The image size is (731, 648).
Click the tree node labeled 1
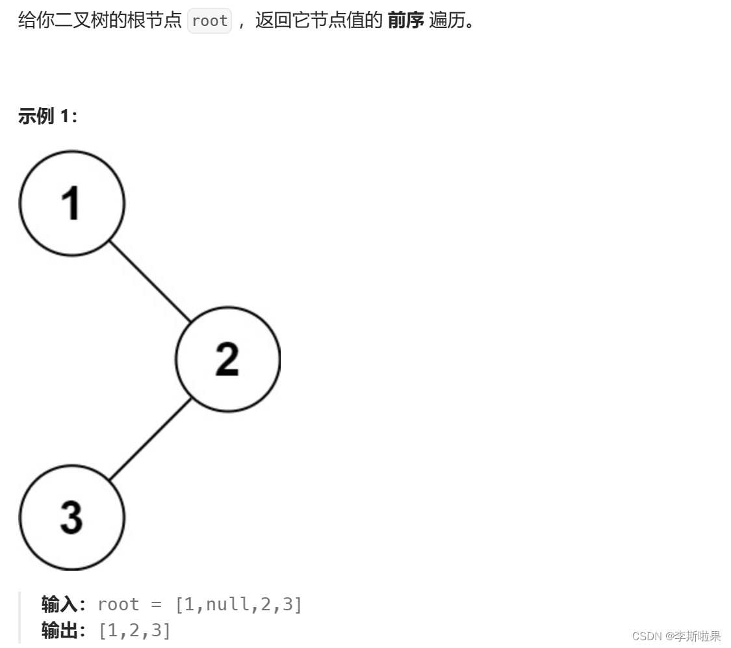pos(71,203)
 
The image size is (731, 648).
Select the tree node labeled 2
pos(227,359)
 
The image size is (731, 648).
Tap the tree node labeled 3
pos(71,517)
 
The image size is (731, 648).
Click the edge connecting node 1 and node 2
pos(150,281)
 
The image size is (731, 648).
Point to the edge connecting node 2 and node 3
pos(150,439)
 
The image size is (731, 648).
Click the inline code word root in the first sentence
pos(209,21)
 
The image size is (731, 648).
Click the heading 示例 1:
pos(47,116)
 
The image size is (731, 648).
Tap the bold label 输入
pos(60,604)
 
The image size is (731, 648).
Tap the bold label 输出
pos(60,630)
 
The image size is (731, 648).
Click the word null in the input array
pos(227,604)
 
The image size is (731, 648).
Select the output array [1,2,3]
pos(135,630)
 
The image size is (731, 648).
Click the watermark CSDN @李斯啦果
pos(676,636)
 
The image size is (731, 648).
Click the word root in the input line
pos(118,604)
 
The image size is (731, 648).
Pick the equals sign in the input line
pos(156,604)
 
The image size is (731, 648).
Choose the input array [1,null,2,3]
pos(238,604)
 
